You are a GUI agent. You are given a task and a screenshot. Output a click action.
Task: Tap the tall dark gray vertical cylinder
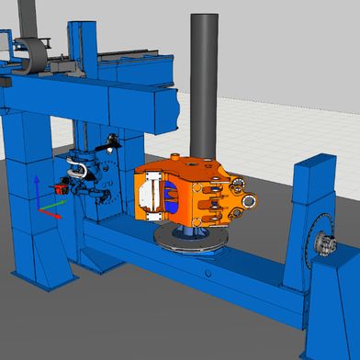tap(203, 83)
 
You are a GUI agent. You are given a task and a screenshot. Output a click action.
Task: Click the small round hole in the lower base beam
tap(209, 273)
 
